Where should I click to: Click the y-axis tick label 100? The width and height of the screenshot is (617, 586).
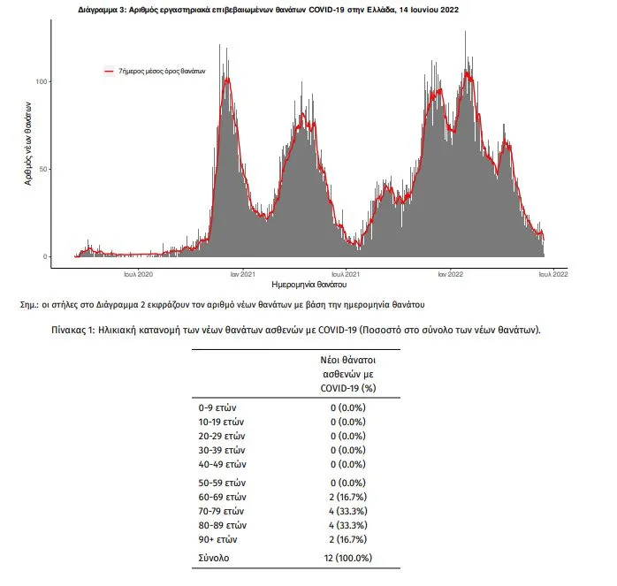42,81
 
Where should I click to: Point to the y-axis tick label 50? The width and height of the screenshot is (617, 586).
43,169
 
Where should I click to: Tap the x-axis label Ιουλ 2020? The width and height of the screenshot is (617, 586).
139,274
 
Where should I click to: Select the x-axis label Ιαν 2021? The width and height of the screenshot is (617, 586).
243,274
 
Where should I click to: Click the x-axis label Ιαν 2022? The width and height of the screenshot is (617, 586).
451,274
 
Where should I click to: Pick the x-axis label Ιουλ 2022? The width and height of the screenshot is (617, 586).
553,274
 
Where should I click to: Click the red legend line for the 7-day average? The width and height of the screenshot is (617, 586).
109,72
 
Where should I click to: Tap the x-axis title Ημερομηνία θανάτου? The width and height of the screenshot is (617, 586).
308,285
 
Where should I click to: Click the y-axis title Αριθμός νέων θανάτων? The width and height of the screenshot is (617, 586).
27,144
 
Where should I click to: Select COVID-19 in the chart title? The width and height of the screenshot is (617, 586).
326,10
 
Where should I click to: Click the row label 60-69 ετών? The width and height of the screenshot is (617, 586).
223,497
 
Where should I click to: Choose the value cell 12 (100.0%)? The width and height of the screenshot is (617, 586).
348,558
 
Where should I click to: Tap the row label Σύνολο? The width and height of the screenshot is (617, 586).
214,558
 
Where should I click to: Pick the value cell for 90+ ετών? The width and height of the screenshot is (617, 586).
348,539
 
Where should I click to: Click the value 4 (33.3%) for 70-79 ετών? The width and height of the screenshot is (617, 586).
348,511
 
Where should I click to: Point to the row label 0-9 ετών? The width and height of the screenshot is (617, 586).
217,407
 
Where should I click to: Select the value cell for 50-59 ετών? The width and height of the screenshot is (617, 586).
348,483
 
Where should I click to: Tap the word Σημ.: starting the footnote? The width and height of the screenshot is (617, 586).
29,305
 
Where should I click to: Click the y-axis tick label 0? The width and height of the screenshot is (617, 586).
45,256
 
